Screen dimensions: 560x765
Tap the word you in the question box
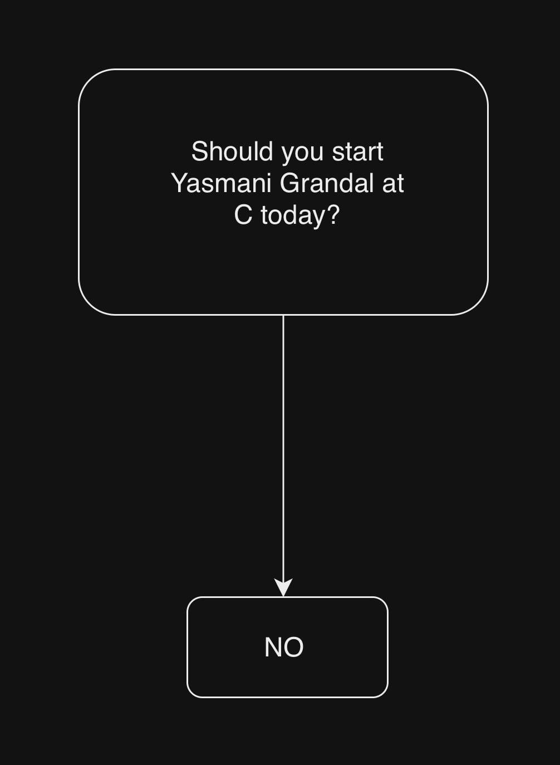302,154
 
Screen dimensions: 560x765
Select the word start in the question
358,152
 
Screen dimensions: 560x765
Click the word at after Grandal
394,184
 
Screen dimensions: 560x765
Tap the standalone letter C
243,215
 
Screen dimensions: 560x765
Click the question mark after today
332,215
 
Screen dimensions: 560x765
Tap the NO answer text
284,647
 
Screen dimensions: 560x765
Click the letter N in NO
273,647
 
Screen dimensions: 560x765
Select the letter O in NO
293,647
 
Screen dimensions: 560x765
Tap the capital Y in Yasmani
180,183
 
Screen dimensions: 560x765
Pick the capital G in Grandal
290,183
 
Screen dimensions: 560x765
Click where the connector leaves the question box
283,315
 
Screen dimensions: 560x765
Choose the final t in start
380,153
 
